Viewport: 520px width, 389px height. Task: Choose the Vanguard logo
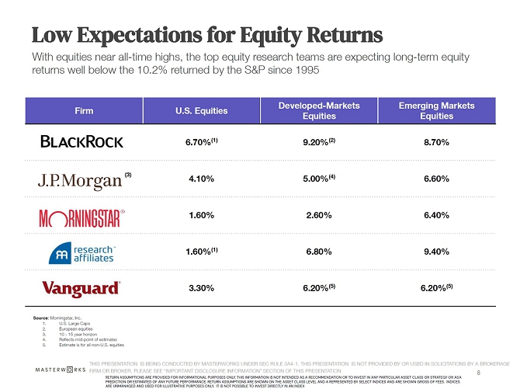click(x=81, y=288)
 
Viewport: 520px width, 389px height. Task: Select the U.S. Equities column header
click(x=202, y=110)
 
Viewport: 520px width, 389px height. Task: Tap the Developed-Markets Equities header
click(x=321, y=110)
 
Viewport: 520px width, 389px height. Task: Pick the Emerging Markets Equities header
click(x=435, y=110)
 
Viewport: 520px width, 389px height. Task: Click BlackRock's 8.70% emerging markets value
click(x=435, y=143)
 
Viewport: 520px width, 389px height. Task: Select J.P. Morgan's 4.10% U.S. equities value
click(x=202, y=179)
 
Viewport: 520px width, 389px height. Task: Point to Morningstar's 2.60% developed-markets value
click(x=321, y=215)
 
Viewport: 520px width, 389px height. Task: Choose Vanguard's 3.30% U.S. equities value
click(x=201, y=288)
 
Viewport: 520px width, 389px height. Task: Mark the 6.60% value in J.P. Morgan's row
click(x=435, y=179)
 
